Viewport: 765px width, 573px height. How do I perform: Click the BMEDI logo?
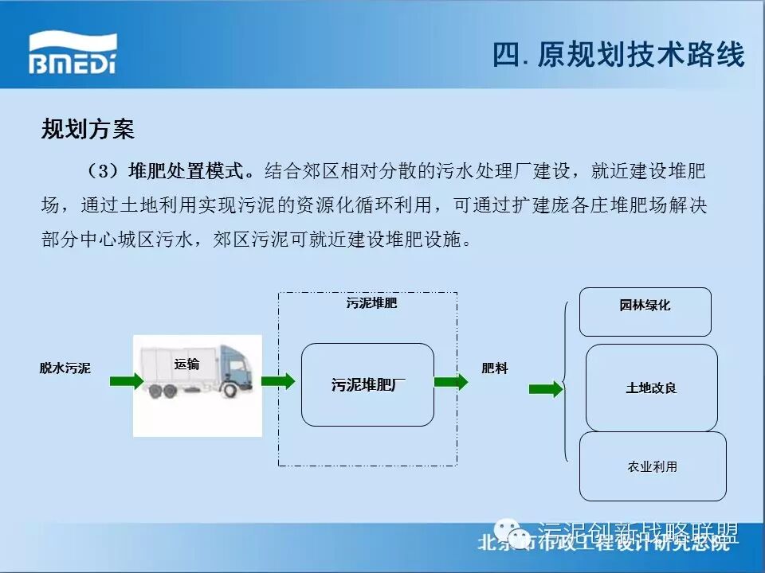coord(73,54)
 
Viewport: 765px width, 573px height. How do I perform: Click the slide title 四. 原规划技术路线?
coord(618,55)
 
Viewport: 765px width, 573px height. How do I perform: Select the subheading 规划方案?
coord(88,129)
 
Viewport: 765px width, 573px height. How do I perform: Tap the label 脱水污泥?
coord(65,368)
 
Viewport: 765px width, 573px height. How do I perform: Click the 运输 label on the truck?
coord(186,364)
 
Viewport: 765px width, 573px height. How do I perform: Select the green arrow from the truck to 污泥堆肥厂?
coord(277,381)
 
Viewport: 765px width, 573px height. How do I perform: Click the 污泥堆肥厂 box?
coord(367,385)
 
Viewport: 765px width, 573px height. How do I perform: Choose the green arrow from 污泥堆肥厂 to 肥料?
coord(451,381)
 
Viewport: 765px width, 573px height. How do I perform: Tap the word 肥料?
coord(494,368)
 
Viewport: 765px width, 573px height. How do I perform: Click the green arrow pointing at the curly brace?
coord(545,389)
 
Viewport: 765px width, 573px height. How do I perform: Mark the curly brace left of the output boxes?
coord(565,382)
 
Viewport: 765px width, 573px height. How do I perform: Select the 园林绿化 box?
coord(645,311)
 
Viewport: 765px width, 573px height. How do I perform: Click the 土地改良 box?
coord(651,388)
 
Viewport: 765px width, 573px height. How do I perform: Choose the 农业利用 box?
coord(653,466)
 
